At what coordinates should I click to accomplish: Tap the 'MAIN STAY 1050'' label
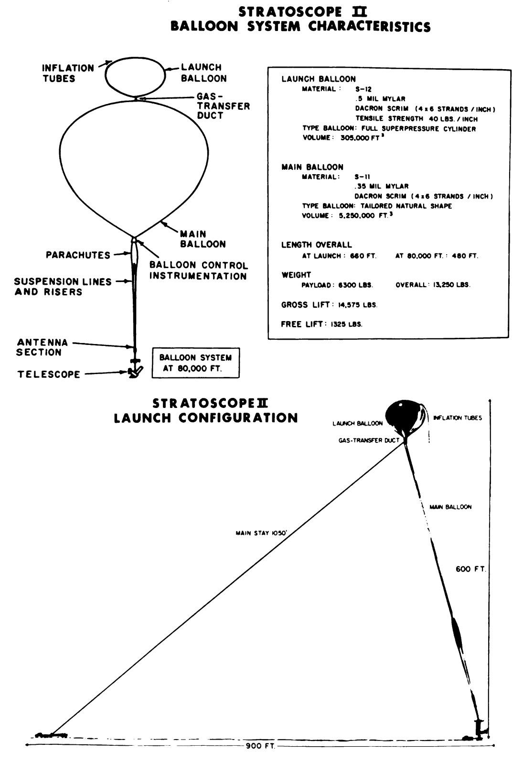point(261,533)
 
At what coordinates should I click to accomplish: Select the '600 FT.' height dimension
point(470,569)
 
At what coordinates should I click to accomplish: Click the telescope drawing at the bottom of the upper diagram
point(134,371)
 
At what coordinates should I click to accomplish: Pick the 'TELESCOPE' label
point(49,375)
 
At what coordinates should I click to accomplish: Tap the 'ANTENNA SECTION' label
point(42,347)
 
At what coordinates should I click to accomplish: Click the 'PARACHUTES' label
point(78,255)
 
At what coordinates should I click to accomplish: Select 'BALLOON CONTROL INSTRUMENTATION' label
point(198,271)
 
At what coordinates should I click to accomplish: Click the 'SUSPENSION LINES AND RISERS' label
point(63,287)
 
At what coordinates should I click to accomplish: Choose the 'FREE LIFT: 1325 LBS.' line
point(322,324)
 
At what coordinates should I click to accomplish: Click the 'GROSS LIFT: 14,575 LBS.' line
point(329,305)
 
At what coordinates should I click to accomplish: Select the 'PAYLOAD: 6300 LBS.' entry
point(338,285)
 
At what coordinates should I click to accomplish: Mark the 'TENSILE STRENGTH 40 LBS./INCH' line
point(416,118)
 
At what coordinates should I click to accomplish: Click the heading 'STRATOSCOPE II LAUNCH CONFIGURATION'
point(206,411)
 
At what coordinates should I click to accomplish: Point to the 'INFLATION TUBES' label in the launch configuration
point(458,418)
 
